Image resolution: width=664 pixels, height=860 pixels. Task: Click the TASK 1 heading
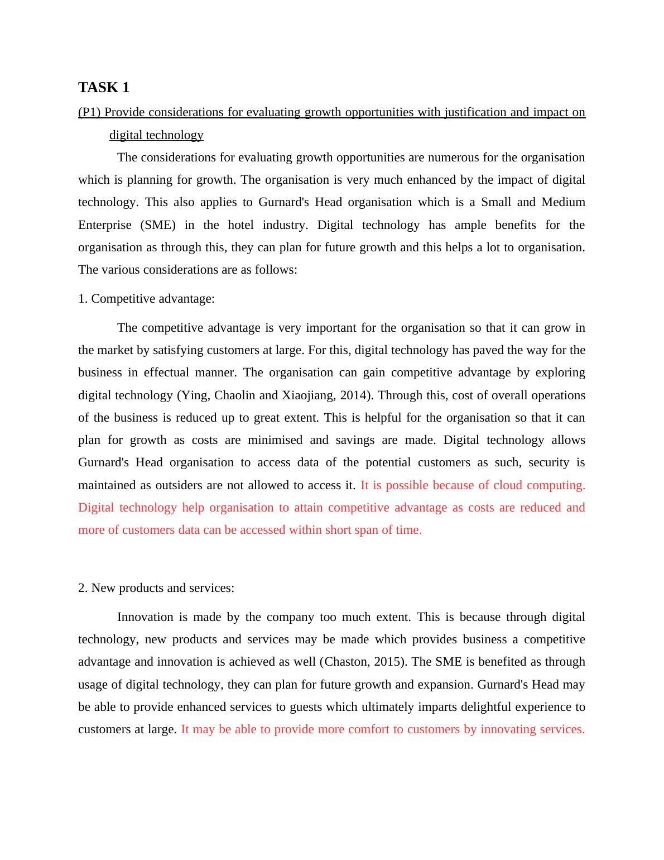pos(104,88)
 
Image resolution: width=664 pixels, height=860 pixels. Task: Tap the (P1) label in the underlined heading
pos(89,112)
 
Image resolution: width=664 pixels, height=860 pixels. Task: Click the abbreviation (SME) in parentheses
pos(157,225)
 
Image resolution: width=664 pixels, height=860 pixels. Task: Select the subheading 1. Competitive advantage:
pos(146,299)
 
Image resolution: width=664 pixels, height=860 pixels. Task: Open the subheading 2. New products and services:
pos(156,588)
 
